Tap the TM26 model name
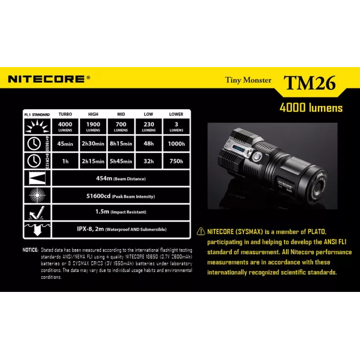pyautogui.click(x=310, y=82)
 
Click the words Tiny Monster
pyautogui.click(x=248, y=80)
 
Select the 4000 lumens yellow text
pyautogui.click(x=311, y=108)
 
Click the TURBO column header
pyautogui.click(x=65, y=114)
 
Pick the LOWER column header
pyautogui.click(x=176, y=114)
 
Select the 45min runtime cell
pyautogui.click(x=65, y=144)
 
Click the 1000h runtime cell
pyautogui.click(x=176, y=144)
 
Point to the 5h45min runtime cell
pyautogui.click(x=120, y=161)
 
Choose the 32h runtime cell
pyautogui.click(x=148, y=161)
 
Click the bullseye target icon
pyautogui.click(x=37, y=195)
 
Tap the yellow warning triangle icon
pyautogui.click(x=201, y=231)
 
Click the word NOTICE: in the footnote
pyautogui.click(x=30, y=250)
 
